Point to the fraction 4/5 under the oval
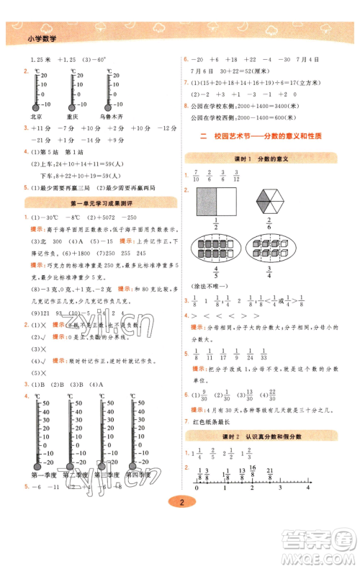tap(215, 274)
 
